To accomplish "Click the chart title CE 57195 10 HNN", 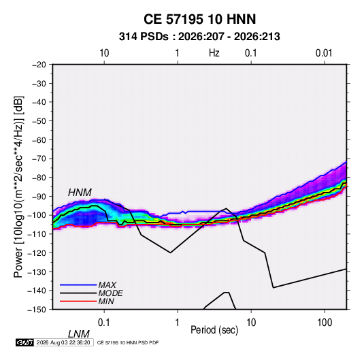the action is pos(199,19).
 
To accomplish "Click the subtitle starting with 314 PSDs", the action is pos(199,37).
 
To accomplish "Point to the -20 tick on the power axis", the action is pos(39,65).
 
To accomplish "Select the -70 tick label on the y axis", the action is pos(39,159).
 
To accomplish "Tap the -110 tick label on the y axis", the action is pos(37,234).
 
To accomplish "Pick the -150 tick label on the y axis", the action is pos(37,310).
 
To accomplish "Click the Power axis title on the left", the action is pos(18,187).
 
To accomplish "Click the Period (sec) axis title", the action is pos(214,330).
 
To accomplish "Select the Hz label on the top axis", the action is pos(214,53).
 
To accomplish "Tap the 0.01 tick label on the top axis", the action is pos(324,53).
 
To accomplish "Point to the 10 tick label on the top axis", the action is pos(104,53).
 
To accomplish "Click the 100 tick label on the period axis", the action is pos(325,323).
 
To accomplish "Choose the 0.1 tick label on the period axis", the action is pos(104,323).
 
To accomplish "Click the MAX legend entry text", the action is pos(107,285).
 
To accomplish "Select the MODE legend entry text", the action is pos(110,293).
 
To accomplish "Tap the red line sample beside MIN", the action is pos(78,301).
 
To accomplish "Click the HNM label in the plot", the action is pos(80,193).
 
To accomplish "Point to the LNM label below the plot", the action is pos(78,334).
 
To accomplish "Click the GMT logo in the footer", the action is pos(24,342).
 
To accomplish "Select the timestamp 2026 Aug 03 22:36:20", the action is pos(63,342).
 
